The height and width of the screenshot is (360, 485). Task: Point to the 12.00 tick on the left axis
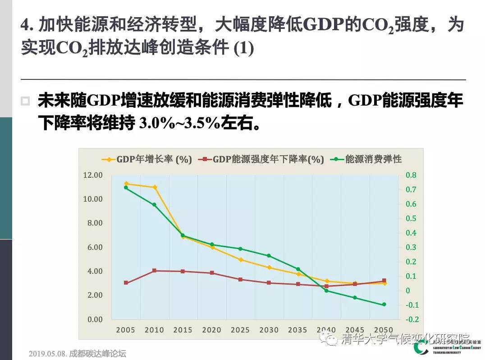(93, 175)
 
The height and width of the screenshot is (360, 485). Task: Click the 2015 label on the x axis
(183, 330)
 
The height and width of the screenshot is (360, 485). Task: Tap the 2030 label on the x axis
(269, 330)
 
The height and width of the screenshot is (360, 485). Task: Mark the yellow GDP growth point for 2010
(155, 187)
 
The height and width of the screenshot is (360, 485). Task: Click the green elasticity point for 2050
(384, 305)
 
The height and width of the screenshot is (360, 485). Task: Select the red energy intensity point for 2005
(126, 283)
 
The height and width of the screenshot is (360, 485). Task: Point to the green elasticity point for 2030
(269, 256)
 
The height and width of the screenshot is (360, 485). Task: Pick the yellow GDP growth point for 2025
(241, 260)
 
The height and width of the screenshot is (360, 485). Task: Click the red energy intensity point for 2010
(155, 271)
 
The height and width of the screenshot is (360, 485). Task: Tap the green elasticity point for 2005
(126, 188)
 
